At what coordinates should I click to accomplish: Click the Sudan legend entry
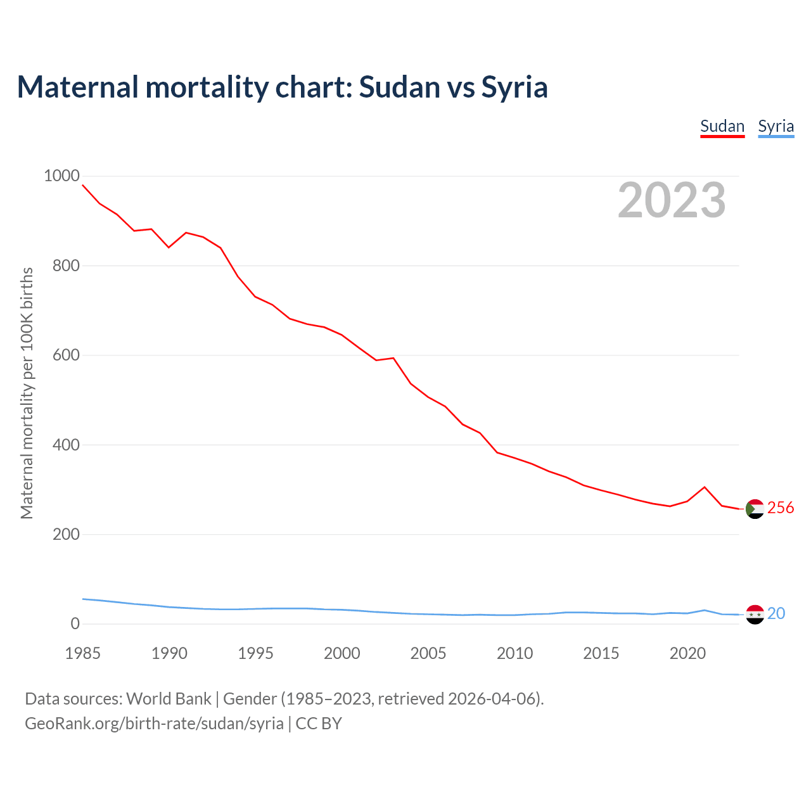point(722,126)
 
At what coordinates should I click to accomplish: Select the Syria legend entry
point(776,126)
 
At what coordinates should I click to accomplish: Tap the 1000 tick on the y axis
point(61,176)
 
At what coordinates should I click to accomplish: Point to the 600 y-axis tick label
point(66,355)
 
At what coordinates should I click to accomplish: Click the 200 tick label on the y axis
point(66,534)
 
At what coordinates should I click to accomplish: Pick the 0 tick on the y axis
point(75,623)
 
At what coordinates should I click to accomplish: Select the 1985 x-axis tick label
point(82,653)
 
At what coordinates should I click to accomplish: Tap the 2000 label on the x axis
point(342,653)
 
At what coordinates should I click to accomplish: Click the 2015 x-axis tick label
point(601,653)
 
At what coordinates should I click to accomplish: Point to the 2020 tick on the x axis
point(687,653)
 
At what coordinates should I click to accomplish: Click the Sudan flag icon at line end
point(755,509)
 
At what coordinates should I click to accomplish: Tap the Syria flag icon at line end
point(755,615)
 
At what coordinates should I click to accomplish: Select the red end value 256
point(781,508)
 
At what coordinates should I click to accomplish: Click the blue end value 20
point(776,613)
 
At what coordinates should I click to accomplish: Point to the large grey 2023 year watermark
point(672,200)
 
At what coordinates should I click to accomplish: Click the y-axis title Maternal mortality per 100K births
point(27,393)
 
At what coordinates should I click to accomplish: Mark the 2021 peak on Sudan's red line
point(705,487)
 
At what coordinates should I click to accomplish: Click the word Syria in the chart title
point(514,87)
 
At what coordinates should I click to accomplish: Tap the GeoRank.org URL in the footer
point(154,724)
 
